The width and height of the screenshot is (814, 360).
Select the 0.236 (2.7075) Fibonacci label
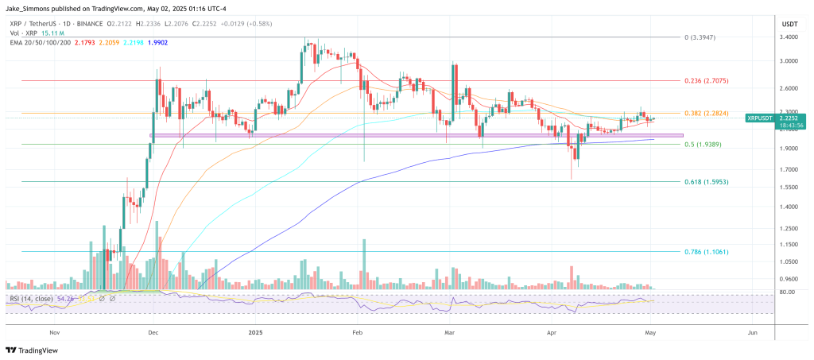[706, 80]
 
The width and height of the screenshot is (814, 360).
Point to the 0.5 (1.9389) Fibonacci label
[704, 145]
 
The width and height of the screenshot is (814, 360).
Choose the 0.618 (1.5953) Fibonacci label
[706, 182]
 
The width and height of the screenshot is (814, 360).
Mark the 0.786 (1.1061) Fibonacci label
[706, 251]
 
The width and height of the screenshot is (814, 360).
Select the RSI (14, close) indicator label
[30, 299]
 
